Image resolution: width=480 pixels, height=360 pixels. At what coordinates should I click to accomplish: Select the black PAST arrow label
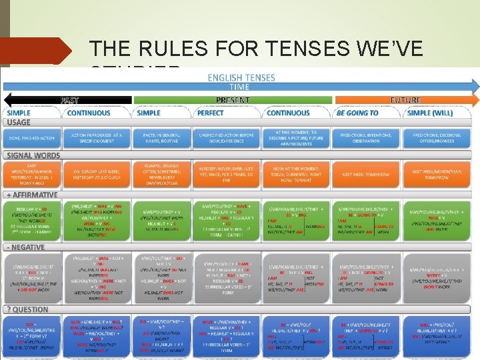pos(71,100)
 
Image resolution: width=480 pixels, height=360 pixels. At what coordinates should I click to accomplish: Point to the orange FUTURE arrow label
pos(405,100)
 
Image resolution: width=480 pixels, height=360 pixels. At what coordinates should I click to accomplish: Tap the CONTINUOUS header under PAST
pos(89,113)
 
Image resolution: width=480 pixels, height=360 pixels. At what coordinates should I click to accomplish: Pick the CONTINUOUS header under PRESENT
pos(288,113)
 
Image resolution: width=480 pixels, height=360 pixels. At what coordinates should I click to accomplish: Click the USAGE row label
pos(19,122)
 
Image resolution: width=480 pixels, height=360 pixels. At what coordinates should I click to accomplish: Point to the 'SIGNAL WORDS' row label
pos(33,155)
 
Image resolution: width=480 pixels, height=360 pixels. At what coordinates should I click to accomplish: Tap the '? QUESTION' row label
pos(27,309)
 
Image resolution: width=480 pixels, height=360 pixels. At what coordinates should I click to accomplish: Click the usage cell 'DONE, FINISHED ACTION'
pos(33,137)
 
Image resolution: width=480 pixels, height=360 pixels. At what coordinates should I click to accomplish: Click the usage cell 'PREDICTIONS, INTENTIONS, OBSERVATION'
pos(365,137)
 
